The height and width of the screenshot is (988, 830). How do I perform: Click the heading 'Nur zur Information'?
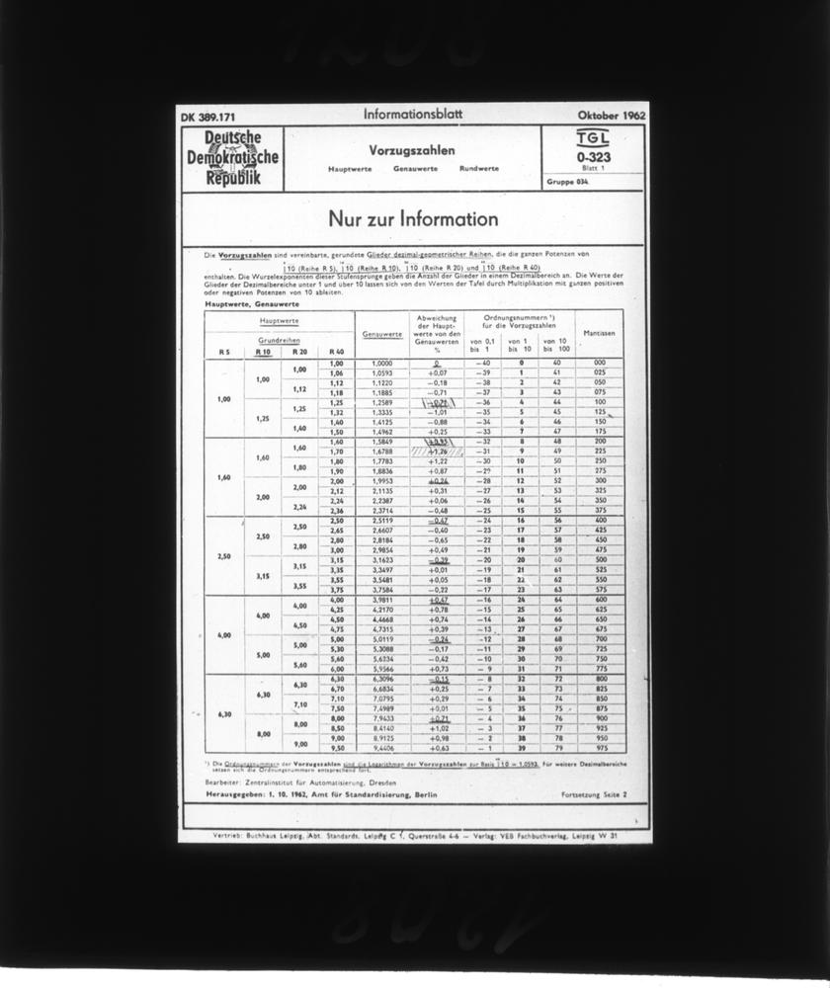click(413, 219)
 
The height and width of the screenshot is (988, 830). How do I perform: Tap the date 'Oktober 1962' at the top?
click(612, 115)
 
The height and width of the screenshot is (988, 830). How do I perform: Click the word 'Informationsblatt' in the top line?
click(407, 114)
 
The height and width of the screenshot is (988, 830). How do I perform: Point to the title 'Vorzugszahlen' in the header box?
click(412, 150)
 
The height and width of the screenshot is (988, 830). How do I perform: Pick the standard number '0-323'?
click(593, 156)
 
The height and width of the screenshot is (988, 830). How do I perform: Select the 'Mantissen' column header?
click(599, 334)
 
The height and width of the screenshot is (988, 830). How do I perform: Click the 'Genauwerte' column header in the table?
click(380, 334)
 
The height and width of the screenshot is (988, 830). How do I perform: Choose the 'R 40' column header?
click(336, 351)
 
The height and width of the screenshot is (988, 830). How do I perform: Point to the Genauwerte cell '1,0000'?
click(380, 363)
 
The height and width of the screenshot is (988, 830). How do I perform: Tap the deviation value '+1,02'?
click(439, 728)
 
